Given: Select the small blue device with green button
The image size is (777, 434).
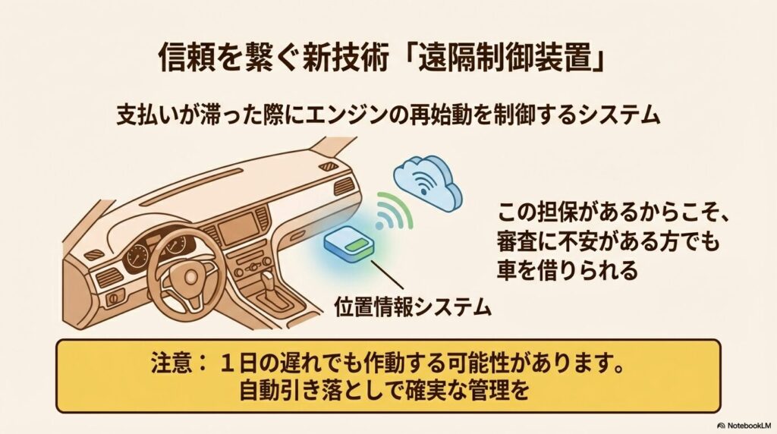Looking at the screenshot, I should [351, 245].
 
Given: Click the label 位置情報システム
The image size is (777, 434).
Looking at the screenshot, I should [412, 307].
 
